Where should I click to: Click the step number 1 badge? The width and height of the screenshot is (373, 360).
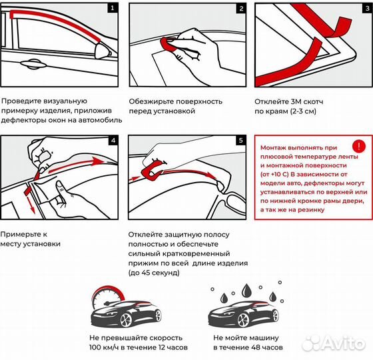click(112, 9)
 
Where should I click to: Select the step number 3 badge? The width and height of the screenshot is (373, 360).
click(366, 9)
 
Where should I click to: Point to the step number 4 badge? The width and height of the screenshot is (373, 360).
click(112, 141)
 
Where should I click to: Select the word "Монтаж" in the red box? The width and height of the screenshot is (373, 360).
click(275, 146)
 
